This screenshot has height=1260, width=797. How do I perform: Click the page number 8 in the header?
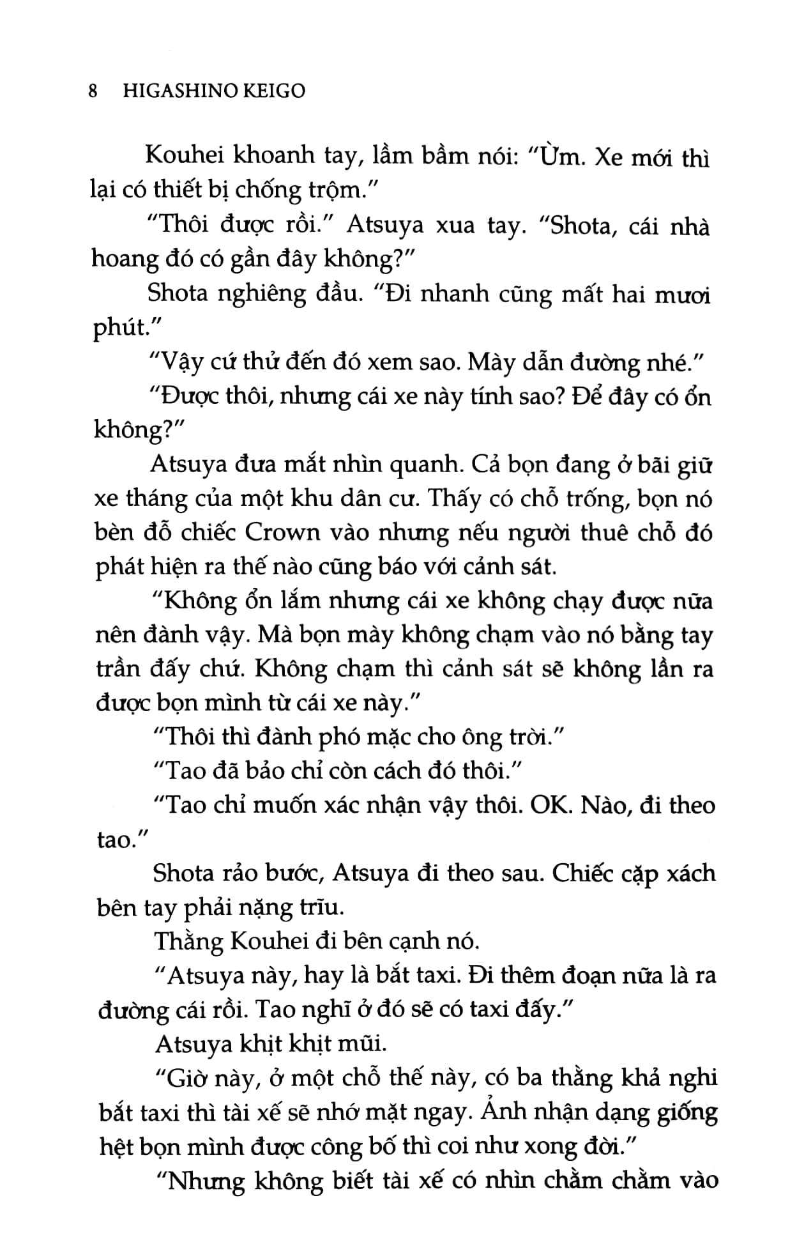93,91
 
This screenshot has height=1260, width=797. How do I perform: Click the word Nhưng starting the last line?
206,1181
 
